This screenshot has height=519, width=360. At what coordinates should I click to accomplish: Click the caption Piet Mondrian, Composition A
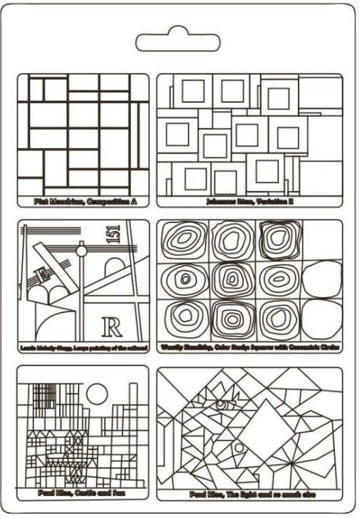pyautogui.click(x=85, y=202)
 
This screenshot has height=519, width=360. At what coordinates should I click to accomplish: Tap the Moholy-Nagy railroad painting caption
pyautogui.click(x=84, y=348)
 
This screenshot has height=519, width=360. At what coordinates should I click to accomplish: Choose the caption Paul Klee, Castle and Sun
pyautogui.click(x=85, y=493)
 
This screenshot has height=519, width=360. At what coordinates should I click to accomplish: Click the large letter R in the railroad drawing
pyautogui.click(x=111, y=327)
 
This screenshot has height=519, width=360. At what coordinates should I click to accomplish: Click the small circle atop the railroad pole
pyautogui.click(x=81, y=251)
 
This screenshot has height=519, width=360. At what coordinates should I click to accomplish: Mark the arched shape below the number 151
pyautogui.click(x=115, y=267)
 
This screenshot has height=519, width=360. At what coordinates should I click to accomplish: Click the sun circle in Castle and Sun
pyautogui.click(x=97, y=392)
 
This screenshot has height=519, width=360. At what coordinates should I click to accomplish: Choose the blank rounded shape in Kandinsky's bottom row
pyautogui.click(x=321, y=319)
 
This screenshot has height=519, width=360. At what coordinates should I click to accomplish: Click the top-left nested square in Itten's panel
pyautogui.click(x=192, y=92)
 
